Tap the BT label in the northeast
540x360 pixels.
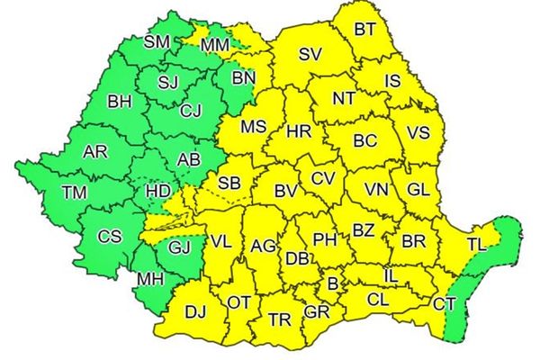click(364, 29)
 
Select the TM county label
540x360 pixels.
click(75, 191)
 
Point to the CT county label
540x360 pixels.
click(444, 304)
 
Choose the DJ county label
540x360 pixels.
click(194, 311)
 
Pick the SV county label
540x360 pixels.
click(310, 54)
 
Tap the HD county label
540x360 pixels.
click(158, 191)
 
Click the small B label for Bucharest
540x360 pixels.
click(333, 283)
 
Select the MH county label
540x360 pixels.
click(150, 279)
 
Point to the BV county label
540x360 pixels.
click(286, 191)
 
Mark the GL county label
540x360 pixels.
click(418, 189)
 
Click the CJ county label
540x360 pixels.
click(191, 112)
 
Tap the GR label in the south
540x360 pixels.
click(316, 311)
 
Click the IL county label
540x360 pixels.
click(391, 276)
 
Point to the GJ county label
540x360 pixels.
click(180, 245)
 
